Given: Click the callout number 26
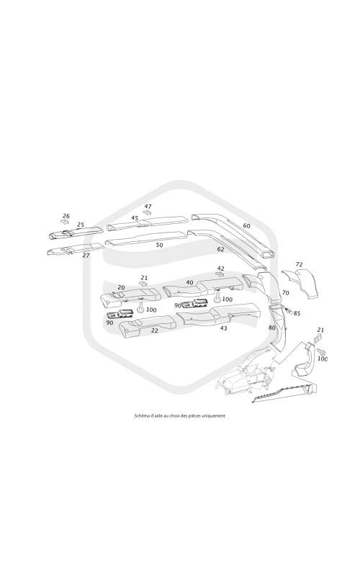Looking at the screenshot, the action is (66, 216).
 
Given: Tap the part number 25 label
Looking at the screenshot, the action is (81, 225).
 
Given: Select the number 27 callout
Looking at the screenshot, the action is (86, 255).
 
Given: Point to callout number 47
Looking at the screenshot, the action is (148, 207).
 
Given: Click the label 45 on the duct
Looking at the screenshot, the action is (135, 218).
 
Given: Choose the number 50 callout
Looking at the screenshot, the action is (159, 245).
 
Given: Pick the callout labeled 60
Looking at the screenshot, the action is (247, 225).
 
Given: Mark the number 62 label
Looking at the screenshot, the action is (220, 249).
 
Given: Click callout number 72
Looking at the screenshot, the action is (299, 264).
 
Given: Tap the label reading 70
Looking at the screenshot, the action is (285, 293).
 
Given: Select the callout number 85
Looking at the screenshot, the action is (297, 313).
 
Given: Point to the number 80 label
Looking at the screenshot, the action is (272, 328).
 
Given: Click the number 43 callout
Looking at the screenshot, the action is (223, 328).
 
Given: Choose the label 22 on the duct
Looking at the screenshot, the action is (155, 330).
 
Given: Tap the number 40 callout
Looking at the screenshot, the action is (189, 282).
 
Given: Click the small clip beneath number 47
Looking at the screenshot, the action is (148, 213).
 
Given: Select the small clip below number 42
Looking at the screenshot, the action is (220, 275).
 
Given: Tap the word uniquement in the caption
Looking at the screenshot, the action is (215, 416).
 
